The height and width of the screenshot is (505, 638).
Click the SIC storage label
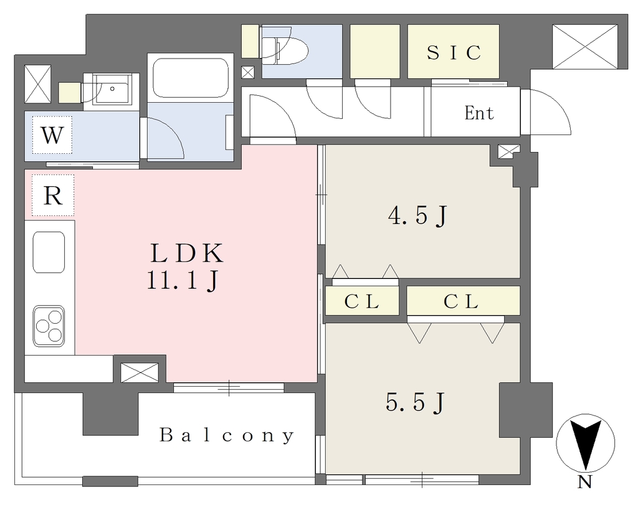[454, 52]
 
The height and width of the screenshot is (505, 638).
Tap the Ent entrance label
[479, 113]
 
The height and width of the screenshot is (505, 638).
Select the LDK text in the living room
[187, 253]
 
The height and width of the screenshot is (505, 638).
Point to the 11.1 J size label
[183, 280]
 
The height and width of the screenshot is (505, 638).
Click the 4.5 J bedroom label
[417, 215]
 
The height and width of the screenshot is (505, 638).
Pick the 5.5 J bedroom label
[414, 403]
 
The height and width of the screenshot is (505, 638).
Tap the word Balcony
[227, 435]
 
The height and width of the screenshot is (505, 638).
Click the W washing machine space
[52, 135]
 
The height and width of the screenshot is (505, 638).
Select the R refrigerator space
[53, 196]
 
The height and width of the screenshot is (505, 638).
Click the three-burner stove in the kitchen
[49, 326]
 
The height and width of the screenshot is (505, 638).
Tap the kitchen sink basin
[49, 253]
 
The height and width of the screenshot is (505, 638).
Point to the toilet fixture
[285, 51]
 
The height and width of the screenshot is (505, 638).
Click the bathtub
[190, 78]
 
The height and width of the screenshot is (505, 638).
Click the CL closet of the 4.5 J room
[362, 301]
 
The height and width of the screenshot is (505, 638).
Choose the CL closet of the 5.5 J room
[463, 301]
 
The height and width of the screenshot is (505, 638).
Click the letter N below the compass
[584, 483]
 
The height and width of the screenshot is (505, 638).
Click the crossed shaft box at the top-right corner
[585, 46]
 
